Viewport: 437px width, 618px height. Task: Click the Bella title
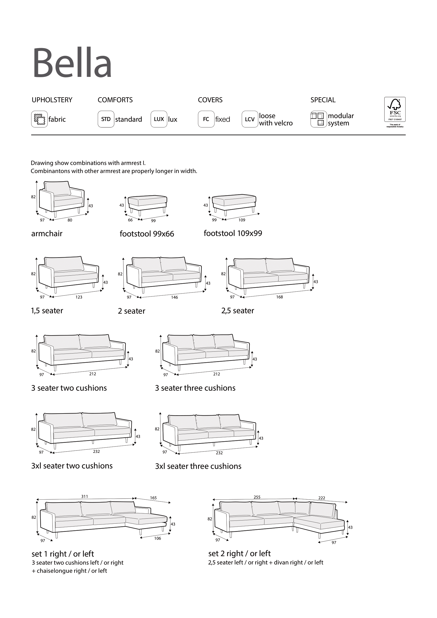point(72,63)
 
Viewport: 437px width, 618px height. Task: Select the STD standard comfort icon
point(106,119)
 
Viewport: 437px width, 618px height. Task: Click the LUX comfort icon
point(159,119)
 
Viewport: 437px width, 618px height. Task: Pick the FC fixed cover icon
point(206,119)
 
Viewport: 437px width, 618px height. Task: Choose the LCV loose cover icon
point(250,119)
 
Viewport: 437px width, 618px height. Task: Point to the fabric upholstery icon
point(39,119)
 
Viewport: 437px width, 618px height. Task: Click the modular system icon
point(319,119)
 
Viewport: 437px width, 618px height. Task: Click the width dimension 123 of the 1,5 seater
point(79,297)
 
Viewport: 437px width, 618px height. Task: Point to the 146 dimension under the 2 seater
point(174,298)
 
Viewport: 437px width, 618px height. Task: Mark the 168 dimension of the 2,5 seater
point(279,297)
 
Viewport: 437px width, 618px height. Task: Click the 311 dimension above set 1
point(85,496)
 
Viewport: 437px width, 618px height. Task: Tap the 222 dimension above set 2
point(322,498)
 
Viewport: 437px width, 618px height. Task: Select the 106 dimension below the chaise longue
point(157,538)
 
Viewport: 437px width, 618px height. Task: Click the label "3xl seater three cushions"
point(198,466)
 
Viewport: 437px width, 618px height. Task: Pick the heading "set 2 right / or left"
point(239,554)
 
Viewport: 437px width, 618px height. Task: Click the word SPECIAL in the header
point(323,100)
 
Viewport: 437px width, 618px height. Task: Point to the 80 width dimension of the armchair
point(70,220)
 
